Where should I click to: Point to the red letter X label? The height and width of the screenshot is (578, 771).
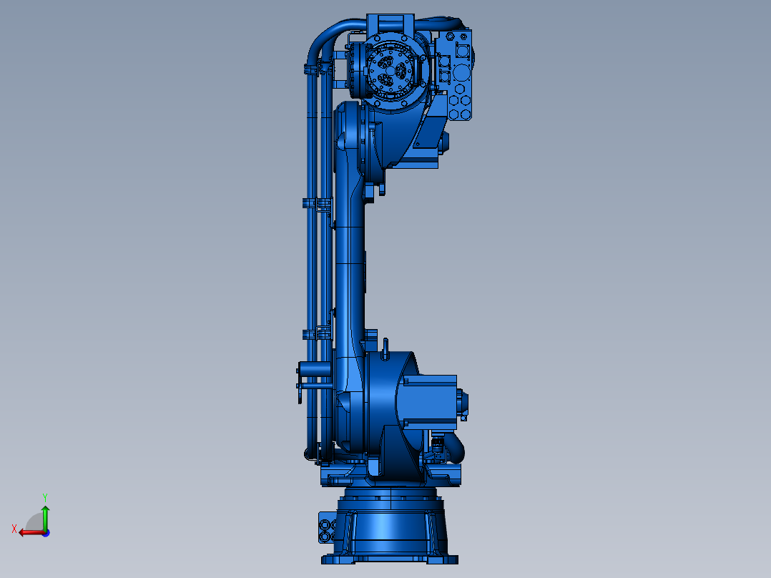(x=14, y=529)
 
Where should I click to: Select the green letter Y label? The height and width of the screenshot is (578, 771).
(x=45, y=497)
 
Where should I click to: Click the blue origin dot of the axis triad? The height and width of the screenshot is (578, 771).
(x=46, y=533)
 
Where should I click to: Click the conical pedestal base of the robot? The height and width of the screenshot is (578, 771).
(x=391, y=529)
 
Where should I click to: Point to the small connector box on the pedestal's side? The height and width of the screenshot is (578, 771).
(x=326, y=527)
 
